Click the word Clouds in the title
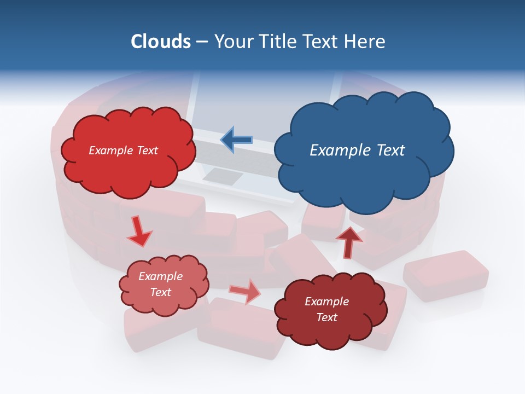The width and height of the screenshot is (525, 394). pos(161,42)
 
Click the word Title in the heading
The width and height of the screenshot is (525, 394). pos(277,42)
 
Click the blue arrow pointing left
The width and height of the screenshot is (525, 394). pos(236,140)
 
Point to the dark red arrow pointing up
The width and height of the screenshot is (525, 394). pos(348,242)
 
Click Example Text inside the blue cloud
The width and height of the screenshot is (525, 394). pos(357,150)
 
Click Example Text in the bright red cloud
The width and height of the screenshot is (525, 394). pos(123,150)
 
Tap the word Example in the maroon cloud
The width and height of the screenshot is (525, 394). pos(326,302)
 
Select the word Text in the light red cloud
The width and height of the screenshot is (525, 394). pos(161,292)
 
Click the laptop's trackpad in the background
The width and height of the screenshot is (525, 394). pos(223,176)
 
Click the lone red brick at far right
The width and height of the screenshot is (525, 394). pos(446,275)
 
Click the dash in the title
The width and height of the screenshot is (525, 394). pos(202,42)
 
